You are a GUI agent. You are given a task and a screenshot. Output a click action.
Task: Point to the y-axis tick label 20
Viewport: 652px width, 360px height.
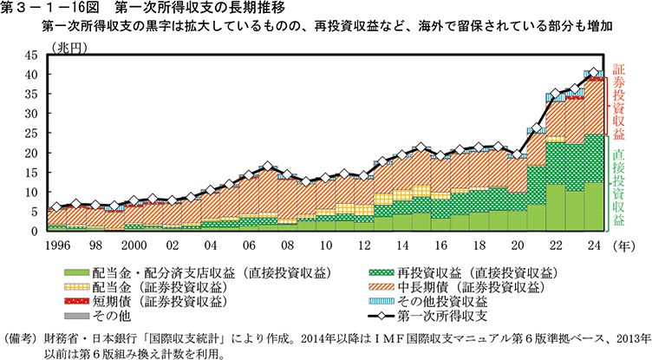click(x=31, y=154)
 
